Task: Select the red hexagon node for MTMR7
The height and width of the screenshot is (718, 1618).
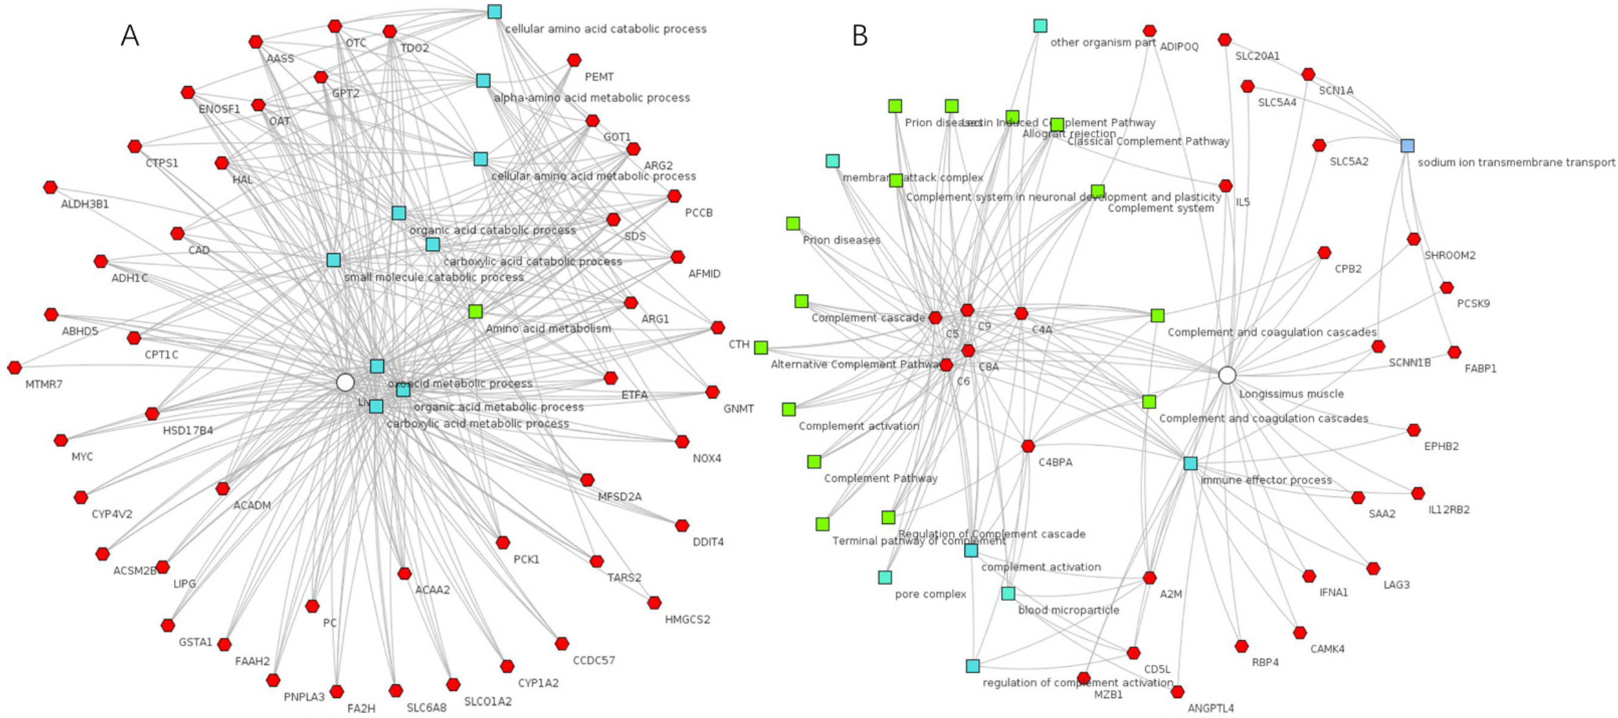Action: click(14, 367)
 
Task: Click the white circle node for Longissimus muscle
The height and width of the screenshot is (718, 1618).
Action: click(1227, 375)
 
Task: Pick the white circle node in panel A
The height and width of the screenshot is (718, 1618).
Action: click(345, 382)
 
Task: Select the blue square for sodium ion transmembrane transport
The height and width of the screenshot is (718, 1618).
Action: click(1407, 146)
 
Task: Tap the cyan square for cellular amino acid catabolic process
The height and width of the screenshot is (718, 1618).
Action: click(494, 11)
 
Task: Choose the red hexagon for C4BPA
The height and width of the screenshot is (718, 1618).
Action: click(1028, 446)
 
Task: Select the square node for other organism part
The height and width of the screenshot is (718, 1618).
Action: click(1040, 26)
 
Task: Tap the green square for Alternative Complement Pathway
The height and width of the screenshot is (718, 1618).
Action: click(761, 347)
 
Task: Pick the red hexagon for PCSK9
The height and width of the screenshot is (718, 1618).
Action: click(1447, 287)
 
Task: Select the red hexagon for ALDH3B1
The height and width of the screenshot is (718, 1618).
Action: click(50, 187)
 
